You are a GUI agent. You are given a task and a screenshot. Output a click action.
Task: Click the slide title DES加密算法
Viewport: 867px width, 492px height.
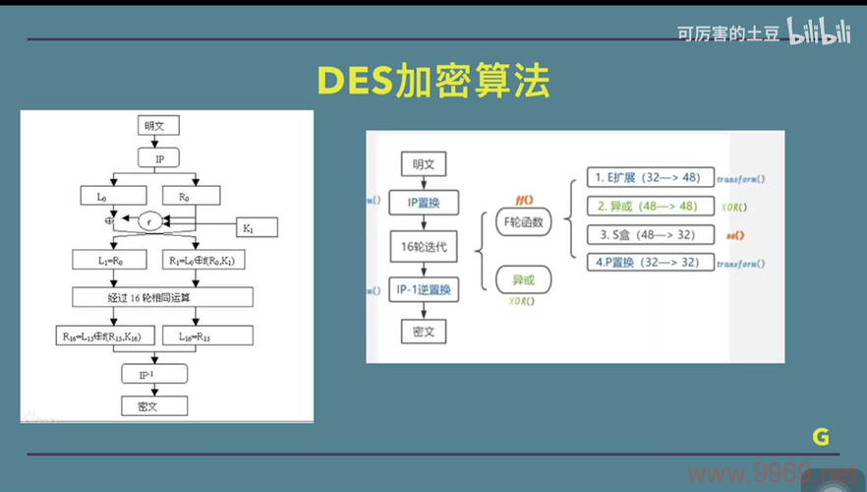coord(433,82)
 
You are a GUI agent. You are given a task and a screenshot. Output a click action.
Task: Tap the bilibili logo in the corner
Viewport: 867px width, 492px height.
coord(818,33)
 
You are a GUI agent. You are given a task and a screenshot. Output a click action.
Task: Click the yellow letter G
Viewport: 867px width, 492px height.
coord(821,438)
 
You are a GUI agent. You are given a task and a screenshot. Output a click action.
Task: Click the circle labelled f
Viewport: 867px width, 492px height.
coord(149,220)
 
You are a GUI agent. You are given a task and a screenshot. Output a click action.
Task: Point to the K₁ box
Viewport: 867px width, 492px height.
coord(249,228)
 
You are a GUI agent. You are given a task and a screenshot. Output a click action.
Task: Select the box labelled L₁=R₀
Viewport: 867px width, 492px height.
coord(109,261)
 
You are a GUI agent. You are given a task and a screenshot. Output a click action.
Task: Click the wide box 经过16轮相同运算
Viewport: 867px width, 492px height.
coord(162,297)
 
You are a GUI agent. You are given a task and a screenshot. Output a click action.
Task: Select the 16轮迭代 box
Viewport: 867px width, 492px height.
coord(423,247)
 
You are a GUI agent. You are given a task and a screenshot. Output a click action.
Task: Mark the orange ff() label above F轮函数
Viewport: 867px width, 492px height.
coord(522,198)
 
